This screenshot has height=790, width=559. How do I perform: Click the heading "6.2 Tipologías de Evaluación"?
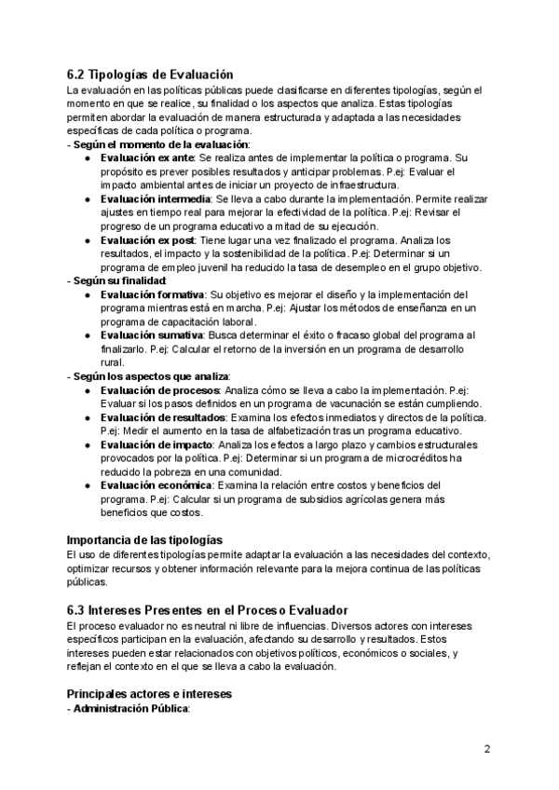click(x=150, y=75)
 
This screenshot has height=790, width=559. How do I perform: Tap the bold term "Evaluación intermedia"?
click(x=156, y=199)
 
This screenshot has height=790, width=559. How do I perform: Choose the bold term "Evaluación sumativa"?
click(x=151, y=334)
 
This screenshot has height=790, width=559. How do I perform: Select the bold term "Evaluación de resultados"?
click(x=164, y=417)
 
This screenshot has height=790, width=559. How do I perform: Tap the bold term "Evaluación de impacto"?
click(x=157, y=444)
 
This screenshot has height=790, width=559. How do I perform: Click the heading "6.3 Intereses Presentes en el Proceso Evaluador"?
click(x=207, y=610)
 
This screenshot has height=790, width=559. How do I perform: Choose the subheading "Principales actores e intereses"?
click(x=149, y=694)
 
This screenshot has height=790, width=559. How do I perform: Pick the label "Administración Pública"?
click(x=131, y=709)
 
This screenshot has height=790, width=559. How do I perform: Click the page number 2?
click(x=487, y=749)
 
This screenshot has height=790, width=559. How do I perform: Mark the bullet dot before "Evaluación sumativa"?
click(x=87, y=335)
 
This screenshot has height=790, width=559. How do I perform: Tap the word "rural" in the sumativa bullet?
click(x=112, y=362)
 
